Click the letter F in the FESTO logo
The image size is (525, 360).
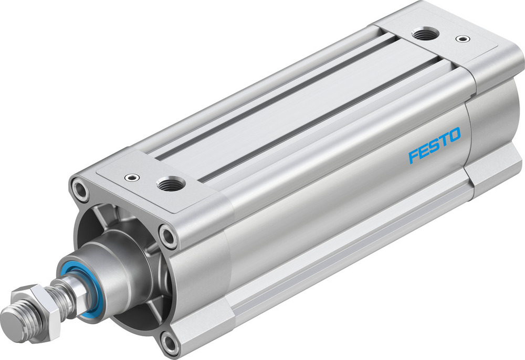(x=415, y=156)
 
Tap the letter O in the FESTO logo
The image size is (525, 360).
(x=454, y=135)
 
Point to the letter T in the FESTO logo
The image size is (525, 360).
(x=444, y=140)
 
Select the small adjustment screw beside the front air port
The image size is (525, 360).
(x=130, y=178)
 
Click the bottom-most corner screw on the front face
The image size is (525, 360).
(x=170, y=344)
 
